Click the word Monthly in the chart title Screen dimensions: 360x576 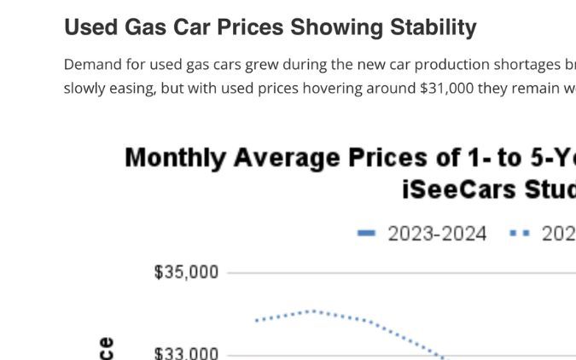[x=175, y=158]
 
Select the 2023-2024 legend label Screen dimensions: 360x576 [x=437, y=234]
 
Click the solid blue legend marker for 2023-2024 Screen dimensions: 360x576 [x=366, y=234]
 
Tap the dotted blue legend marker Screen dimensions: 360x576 [x=519, y=234]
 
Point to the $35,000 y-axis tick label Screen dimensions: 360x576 [x=186, y=272]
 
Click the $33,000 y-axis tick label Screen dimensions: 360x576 [x=186, y=353]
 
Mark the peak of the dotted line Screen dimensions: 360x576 [x=313, y=311]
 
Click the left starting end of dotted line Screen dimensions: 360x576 [x=257, y=321]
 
